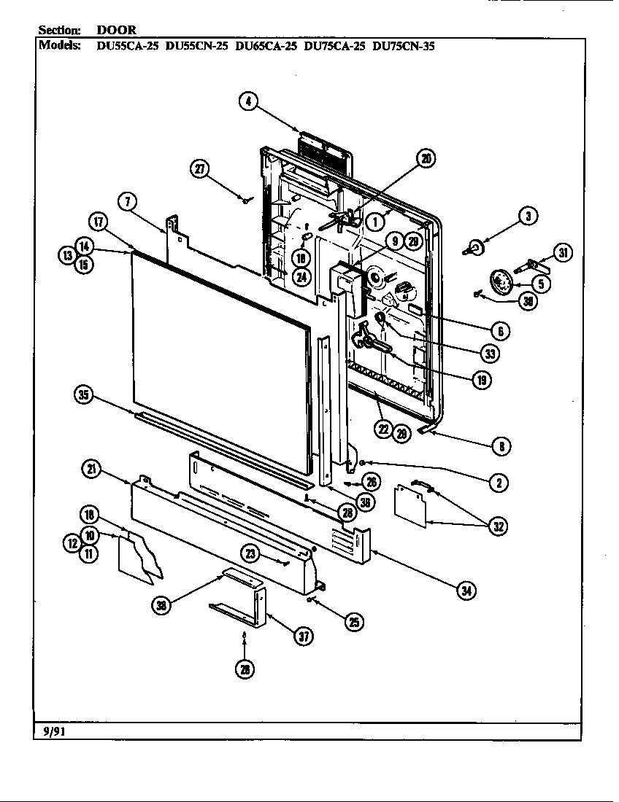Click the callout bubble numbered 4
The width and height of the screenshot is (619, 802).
pos(249,102)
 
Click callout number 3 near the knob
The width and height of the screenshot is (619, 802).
pos(528,215)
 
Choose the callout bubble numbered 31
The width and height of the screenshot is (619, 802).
pos(562,252)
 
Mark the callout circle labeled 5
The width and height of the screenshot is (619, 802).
pos(541,283)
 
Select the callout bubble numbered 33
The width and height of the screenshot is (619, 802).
pos(490,354)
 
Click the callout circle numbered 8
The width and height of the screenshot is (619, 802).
pos(500,445)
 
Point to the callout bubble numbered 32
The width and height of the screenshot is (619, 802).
pos(499,526)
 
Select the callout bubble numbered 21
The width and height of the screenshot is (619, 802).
pos(91,470)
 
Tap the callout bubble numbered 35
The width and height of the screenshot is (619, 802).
pos(85,395)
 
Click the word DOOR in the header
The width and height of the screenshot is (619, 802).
pos(117,30)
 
